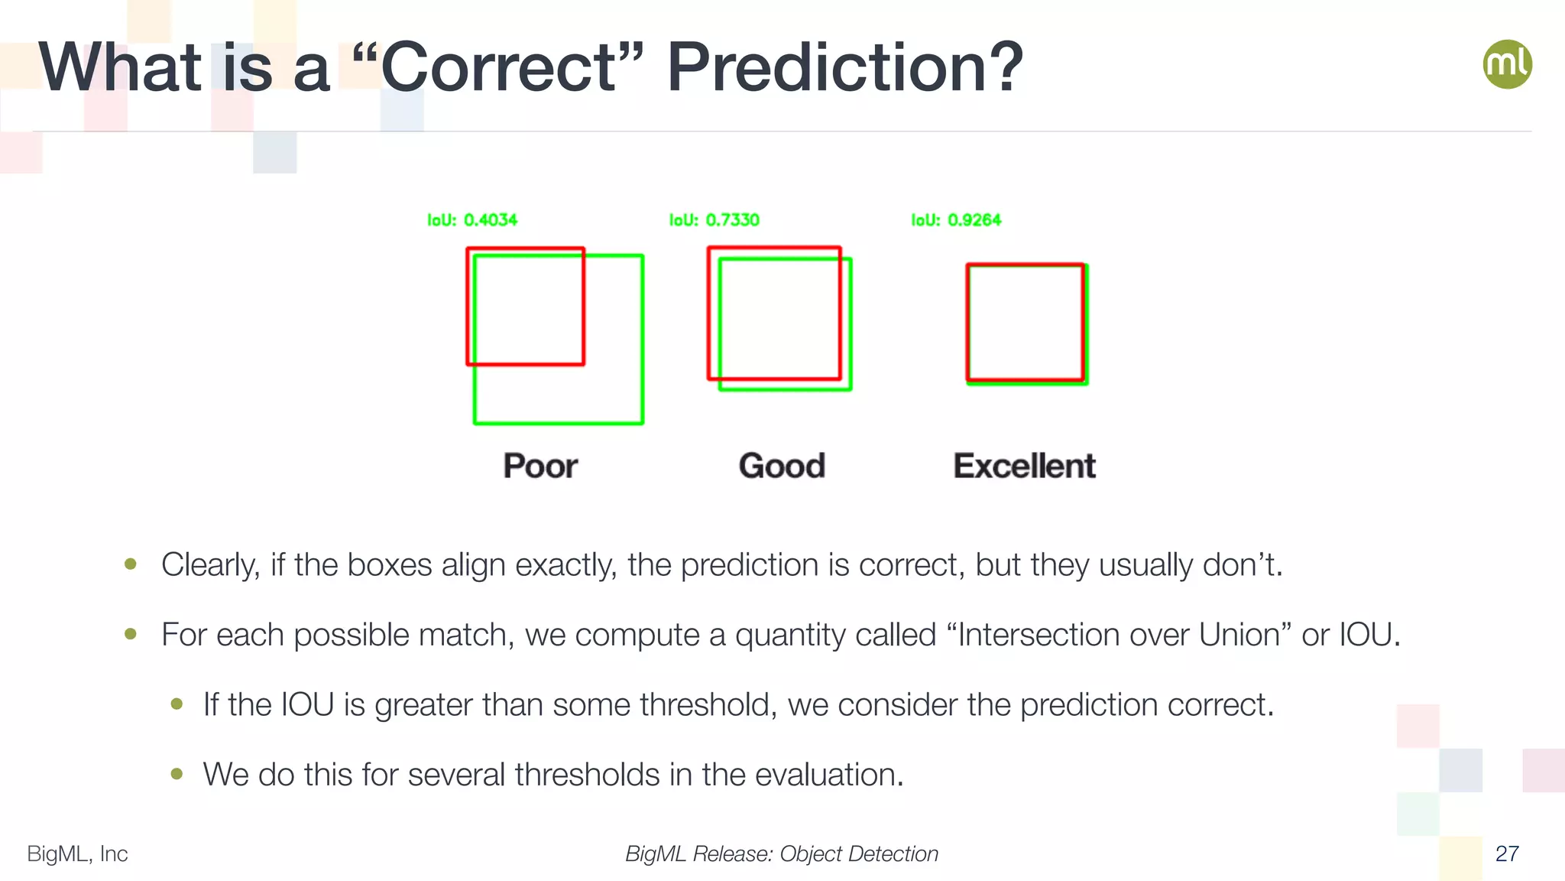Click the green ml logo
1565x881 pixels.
(x=1507, y=64)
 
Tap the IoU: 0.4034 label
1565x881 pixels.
(x=472, y=220)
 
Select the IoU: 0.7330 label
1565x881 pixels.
(x=714, y=220)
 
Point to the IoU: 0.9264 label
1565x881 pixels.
(x=956, y=220)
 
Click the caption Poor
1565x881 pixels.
(x=540, y=466)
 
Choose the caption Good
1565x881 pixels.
(x=782, y=466)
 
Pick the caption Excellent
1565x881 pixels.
(x=1024, y=466)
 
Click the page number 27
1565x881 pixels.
(x=1507, y=853)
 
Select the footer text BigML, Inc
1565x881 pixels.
(x=77, y=853)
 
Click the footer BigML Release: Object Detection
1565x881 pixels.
(x=782, y=853)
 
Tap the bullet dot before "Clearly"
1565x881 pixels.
(x=131, y=564)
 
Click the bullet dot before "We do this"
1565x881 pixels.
(x=177, y=774)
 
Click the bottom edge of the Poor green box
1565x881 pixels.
(x=559, y=423)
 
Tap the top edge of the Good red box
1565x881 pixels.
(x=774, y=248)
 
